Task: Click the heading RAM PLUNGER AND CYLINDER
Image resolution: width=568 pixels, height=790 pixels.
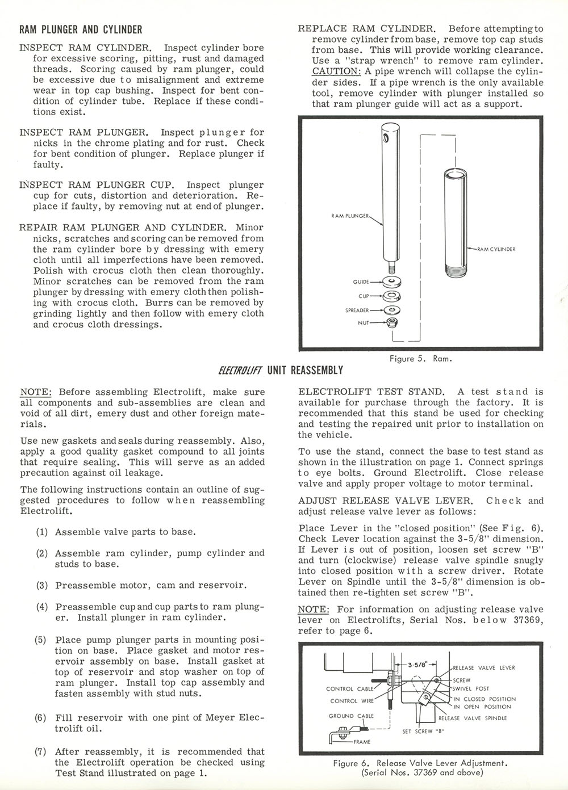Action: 81,29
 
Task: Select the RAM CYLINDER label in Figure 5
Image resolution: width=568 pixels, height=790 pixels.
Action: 496,249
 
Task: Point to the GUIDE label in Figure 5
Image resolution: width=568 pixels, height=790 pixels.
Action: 361,281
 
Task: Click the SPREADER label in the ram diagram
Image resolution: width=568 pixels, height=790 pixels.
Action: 357,310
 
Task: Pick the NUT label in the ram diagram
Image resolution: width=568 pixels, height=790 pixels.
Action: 364,322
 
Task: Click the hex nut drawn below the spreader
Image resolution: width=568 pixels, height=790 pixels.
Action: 391,323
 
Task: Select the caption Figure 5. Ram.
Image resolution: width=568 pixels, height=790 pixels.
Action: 421,359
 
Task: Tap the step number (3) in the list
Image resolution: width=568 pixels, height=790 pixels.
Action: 41,585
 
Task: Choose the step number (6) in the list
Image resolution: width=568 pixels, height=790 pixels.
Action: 41,717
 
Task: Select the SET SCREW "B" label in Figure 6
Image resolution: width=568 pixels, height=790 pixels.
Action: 423,731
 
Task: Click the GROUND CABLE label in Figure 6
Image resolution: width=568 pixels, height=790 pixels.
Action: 351,716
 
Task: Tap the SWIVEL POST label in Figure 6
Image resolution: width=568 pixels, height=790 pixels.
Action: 472,688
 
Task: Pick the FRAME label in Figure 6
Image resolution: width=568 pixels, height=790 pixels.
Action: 362,741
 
